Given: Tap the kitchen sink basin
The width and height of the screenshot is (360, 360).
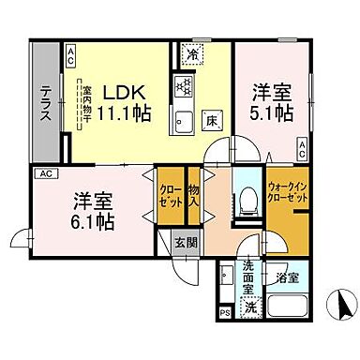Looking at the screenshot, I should pos(182,121).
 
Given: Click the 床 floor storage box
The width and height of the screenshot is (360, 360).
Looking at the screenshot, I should pos(212,121).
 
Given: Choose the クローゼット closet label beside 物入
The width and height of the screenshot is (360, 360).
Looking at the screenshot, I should pos(171,195).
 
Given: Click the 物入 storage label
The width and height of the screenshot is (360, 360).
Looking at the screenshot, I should pos(195,195).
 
